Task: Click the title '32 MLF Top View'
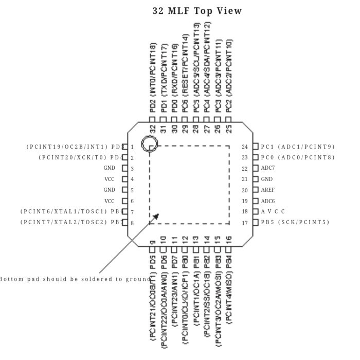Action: coord(197,11)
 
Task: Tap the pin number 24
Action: coord(245,147)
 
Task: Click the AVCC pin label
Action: coord(273,211)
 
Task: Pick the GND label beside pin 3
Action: coord(109,168)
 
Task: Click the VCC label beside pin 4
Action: coord(110,179)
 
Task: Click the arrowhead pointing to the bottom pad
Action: coord(156,218)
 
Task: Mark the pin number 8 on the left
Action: coord(132,223)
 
